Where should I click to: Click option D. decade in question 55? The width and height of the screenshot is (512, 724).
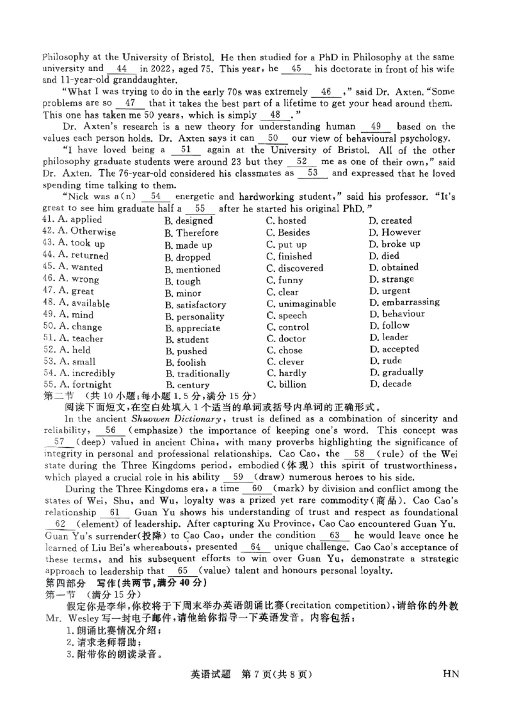click(390, 384)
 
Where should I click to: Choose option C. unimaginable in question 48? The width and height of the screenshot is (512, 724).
click(301, 303)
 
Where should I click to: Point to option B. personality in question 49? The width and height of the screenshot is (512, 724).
click(195, 316)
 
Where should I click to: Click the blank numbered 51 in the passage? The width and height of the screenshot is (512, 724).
click(186, 149)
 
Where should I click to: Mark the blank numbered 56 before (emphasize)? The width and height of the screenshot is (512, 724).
click(111, 430)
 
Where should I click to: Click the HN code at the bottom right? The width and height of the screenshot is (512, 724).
click(451, 673)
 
